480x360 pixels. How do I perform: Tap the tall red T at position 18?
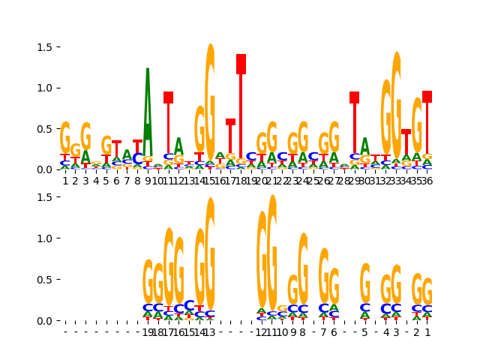coord(241,105)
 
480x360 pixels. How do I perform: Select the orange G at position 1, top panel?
coord(65,139)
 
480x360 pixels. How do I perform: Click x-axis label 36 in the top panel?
coord(427,181)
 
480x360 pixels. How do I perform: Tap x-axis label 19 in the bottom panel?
coord(148,332)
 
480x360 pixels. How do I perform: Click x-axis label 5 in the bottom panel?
coord(364,332)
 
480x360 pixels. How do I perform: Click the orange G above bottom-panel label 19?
coord(148,281)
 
